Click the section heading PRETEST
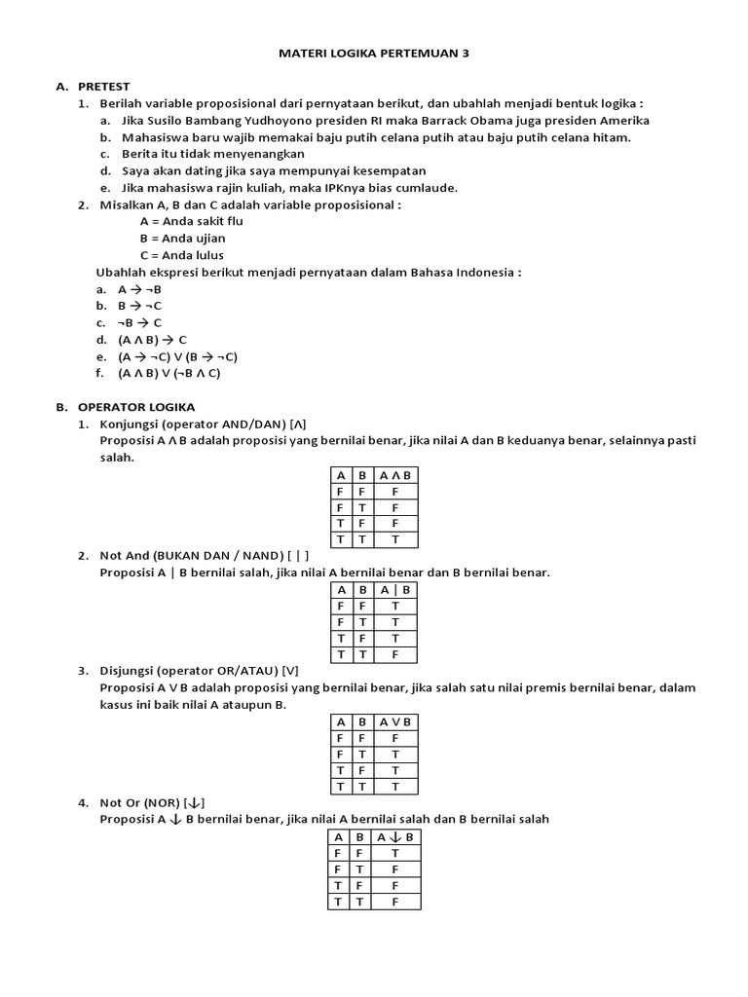pos(103,86)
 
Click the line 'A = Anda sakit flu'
pos(191,221)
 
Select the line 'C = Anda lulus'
pos(183,255)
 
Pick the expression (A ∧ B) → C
pos(152,340)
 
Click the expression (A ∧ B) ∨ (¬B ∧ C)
pos(169,373)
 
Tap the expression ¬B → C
pos(140,322)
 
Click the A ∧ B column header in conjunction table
pos(395,475)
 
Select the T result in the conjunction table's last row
pos(395,539)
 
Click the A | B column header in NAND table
pos(395,590)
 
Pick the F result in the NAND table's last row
pos(395,654)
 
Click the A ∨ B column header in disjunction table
pos(395,721)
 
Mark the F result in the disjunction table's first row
pos(395,738)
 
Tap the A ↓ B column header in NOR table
pos(395,837)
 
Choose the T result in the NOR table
pos(395,853)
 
